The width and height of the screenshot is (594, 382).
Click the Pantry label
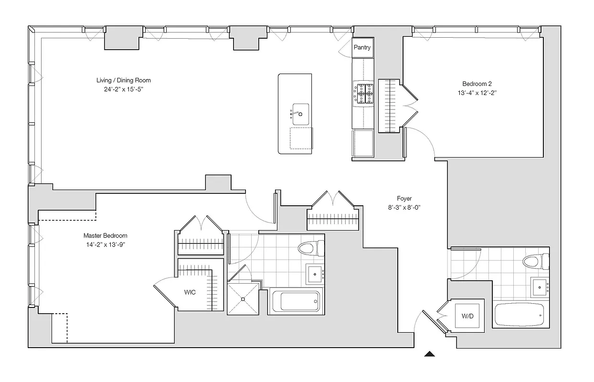pyautogui.click(x=362, y=47)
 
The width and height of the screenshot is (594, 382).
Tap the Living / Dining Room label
pyautogui.click(x=123, y=80)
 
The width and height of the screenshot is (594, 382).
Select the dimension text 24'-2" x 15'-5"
pyautogui.click(x=123, y=89)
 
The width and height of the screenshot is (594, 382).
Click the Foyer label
pyautogui.click(x=404, y=198)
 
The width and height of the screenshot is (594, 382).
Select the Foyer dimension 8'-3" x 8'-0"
pyautogui.click(x=404, y=207)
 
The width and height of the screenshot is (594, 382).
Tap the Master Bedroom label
pyautogui.click(x=105, y=235)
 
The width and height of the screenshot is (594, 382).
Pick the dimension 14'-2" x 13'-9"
pyautogui.click(x=105, y=244)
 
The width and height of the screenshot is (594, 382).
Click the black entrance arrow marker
pyautogui.click(x=430, y=354)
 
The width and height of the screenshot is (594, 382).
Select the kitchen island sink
pyautogui.click(x=300, y=114)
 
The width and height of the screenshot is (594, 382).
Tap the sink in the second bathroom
pyautogui.click(x=540, y=287)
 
